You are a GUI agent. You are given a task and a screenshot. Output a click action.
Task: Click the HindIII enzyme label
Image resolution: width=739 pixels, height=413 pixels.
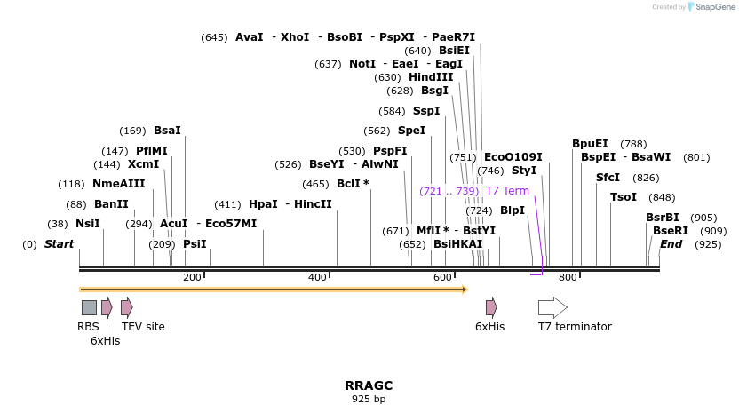(x=431, y=77)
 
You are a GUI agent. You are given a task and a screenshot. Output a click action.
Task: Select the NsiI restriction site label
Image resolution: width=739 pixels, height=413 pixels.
(x=88, y=224)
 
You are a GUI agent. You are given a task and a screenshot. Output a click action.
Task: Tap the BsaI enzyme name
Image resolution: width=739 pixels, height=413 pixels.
(x=167, y=131)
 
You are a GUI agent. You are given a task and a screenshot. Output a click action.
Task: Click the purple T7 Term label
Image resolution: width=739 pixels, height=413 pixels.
(x=507, y=191)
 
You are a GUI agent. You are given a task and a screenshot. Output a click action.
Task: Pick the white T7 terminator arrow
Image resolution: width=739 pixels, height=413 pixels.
(x=552, y=307)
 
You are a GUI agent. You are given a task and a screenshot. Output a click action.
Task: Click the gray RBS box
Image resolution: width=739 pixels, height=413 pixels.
(x=89, y=307)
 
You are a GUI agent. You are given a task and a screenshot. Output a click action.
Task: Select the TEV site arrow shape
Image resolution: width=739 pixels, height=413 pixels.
(x=127, y=307)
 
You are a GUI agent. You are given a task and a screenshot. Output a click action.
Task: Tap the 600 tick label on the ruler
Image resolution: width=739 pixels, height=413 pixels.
(x=442, y=278)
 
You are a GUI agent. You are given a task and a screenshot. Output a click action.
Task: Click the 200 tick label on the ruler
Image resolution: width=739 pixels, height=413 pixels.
(x=192, y=278)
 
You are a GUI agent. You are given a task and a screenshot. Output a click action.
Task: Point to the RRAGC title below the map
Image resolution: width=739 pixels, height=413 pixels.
(x=369, y=385)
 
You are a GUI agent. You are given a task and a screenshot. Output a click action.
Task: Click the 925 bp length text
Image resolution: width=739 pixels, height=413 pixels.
(x=369, y=400)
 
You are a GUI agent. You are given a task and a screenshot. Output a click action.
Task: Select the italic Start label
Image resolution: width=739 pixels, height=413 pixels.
(x=60, y=244)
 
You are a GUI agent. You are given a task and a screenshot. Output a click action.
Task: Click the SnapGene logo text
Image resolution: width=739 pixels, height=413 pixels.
(x=714, y=6)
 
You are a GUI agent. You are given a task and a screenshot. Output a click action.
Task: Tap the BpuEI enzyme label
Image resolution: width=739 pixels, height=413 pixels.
(x=590, y=144)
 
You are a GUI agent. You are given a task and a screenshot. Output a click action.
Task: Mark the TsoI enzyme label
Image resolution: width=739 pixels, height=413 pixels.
(x=624, y=197)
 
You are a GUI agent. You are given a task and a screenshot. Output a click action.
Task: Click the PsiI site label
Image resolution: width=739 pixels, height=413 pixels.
(x=195, y=244)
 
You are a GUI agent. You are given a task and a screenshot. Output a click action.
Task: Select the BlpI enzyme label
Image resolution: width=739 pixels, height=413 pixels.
(x=513, y=210)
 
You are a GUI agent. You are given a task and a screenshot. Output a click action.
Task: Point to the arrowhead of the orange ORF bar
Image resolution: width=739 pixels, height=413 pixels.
(x=463, y=289)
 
